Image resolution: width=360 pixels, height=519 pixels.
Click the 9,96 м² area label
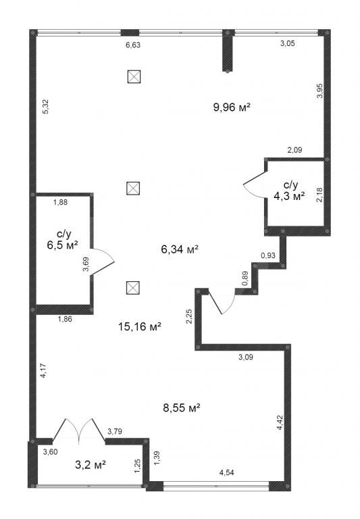click(231, 107)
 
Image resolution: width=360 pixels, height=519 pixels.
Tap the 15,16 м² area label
click(140, 326)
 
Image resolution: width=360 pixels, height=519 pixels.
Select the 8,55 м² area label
click(182, 407)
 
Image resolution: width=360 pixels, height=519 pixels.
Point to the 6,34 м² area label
click(180, 249)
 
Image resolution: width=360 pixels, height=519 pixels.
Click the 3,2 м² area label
click(91, 465)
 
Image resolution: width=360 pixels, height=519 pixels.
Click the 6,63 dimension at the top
click(133, 45)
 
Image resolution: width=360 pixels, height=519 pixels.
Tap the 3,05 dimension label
click(288, 43)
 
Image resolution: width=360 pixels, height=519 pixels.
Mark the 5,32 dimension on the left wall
click(46, 107)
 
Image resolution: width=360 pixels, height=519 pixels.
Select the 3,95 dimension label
click(319, 91)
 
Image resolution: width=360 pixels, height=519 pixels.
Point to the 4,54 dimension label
click(227, 472)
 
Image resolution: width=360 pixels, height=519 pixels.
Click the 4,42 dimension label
click(280, 422)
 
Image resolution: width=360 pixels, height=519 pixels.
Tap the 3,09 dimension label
click(245, 357)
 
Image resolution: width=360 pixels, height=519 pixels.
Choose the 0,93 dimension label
click(268, 255)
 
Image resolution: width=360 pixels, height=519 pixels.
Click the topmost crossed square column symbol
click(134, 76)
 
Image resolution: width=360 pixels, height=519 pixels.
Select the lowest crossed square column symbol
click(133, 288)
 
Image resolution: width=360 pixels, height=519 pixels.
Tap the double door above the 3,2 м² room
click(79, 430)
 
